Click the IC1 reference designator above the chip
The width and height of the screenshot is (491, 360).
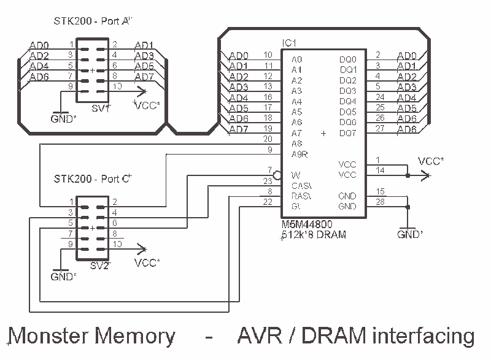click(x=288, y=43)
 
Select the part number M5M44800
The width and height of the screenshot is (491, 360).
click(x=307, y=224)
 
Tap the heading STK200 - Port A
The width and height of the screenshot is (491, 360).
click(x=93, y=21)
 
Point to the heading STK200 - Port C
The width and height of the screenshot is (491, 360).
click(x=93, y=179)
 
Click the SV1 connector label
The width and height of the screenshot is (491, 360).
click(x=101, y=108)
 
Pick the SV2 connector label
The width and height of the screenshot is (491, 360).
click(x=99, y=266)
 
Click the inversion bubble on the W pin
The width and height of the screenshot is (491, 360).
click(x=277, y=175)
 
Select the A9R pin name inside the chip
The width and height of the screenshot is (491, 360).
click(x=300, y=154)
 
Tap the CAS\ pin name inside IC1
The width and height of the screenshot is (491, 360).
click(x=301, y=186)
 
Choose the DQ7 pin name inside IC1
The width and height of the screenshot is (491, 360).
click(x=347, y=133)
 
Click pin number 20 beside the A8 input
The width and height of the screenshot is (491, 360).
click(x=268, y=139)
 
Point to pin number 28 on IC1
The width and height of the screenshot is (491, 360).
click(x=380, y=202)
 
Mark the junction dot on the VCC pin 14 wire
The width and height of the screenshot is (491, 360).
click(x=408, y=175)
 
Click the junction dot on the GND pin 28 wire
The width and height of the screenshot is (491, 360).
click(x=408, y=207)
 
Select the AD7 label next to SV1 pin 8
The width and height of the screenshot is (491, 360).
click(x=144, y=77)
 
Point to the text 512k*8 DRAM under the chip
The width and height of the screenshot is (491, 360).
click(x=314, y=234)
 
